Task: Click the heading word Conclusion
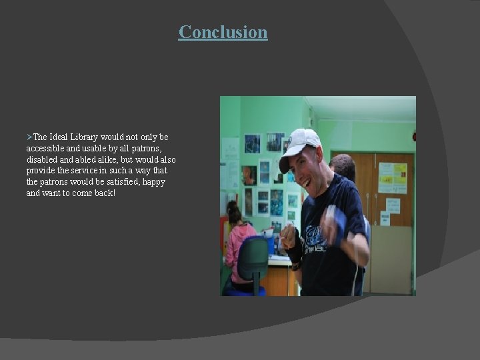click(x=223, y=32)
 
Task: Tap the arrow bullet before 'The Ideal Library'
click(x=29, y=137)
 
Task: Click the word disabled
click(x=43, y=159)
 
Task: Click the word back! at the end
click(x=104, y=193)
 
